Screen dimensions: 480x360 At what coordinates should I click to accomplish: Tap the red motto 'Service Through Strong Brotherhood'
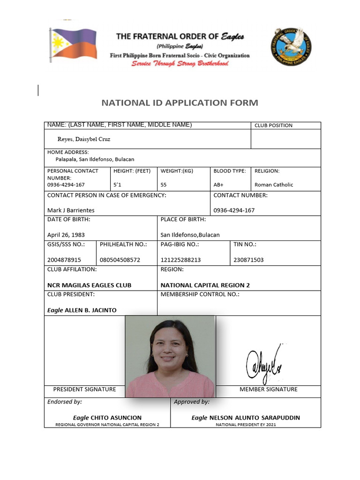coord(180,63)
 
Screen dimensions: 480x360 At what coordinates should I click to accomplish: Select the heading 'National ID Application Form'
coord(180,103)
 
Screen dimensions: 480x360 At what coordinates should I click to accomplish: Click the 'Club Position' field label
coord(273,125)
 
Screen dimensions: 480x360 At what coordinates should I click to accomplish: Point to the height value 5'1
coord(117,185)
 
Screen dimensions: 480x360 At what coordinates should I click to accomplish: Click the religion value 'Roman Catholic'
coord(274,185)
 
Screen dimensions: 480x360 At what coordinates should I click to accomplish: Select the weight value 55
coord(164,185)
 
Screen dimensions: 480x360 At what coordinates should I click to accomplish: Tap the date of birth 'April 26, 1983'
coord(66,235)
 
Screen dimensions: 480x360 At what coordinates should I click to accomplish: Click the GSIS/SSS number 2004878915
coord(64,260)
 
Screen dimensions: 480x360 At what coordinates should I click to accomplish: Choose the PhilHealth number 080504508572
coord(120,260)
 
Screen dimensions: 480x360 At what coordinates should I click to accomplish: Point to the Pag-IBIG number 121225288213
coord(180,260)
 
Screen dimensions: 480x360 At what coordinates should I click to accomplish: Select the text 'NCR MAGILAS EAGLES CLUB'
coord(89,285)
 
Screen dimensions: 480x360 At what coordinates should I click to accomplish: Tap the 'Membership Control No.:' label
coord(200,294)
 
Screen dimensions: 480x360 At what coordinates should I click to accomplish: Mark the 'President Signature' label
coord(84,389)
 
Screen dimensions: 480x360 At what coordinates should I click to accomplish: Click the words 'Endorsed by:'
coord(65,402)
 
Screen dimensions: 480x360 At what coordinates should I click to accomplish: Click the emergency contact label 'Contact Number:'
coord(240,195)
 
